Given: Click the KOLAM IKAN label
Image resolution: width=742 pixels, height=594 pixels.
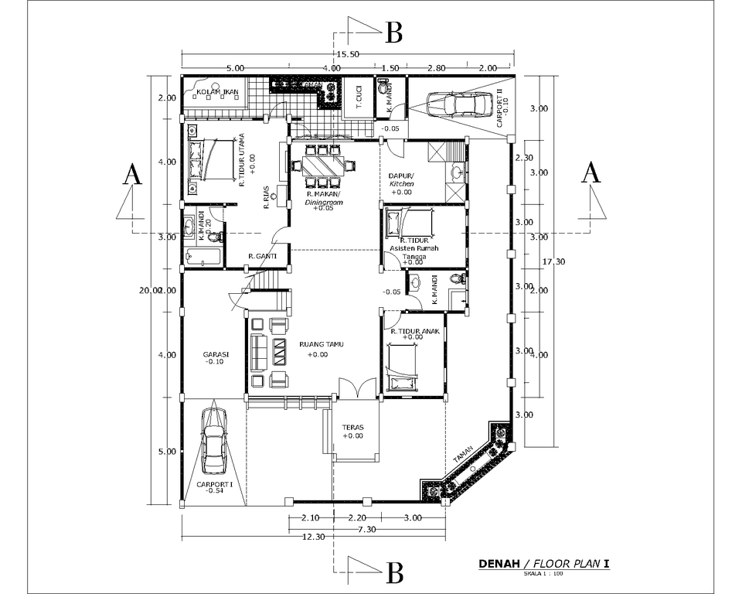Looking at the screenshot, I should (x=217, y=93).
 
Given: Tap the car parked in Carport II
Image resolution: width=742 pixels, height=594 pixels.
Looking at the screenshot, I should (x=460, y=104).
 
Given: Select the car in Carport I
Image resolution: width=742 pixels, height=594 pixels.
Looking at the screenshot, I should (x=213, y=442).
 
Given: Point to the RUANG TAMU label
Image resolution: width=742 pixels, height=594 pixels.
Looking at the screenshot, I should (x=320, y=344).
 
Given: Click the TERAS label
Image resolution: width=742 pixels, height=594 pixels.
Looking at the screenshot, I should (x=352, y=427).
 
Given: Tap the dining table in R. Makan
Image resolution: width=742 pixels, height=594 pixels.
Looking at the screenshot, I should (x=319, y=166).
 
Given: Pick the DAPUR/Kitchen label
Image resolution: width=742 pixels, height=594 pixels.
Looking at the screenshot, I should (x=402, y=179).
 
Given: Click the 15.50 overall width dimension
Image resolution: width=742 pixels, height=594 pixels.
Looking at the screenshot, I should (x=349, y=54).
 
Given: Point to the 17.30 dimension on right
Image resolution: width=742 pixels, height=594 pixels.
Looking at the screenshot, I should (x=555, y=261).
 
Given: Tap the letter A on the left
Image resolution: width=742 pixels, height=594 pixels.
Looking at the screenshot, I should (x=133, y=175).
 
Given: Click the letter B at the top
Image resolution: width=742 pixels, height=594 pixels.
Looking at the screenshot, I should (x=393, y=32).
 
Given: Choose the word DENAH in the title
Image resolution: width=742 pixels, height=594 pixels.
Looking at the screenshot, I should (x=499, y=564).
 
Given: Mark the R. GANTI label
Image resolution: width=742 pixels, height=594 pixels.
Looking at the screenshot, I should (x=263, y=256).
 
